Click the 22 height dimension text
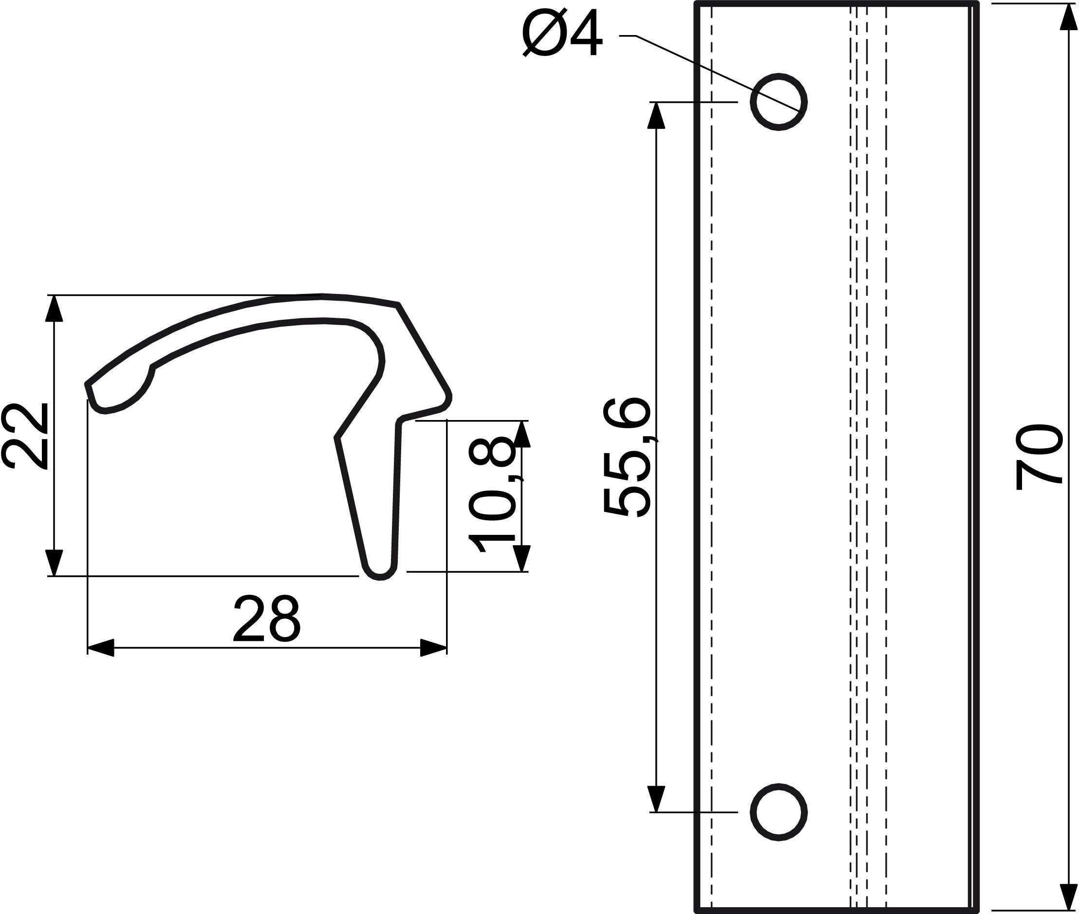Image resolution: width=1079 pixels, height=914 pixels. [x=25, y=436]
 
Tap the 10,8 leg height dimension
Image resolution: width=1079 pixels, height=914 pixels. [x=492, y=495]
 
